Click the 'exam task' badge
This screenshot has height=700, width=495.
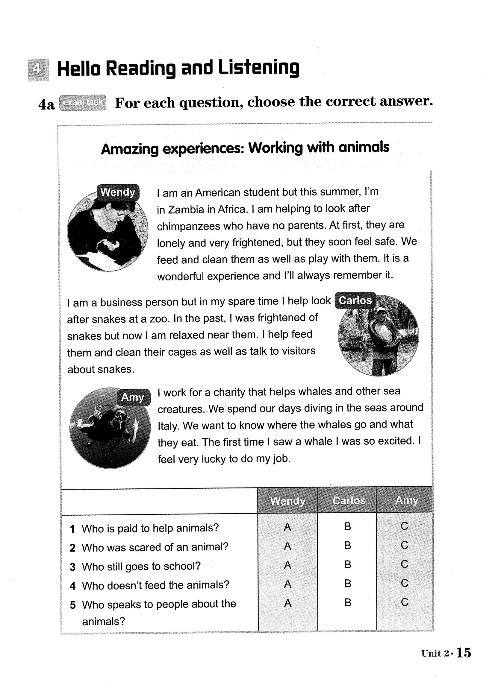click(x=83, y=102)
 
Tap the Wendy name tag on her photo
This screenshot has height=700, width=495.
click(x=118, y=192)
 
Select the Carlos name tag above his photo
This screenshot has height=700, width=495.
click(x=355, y=300)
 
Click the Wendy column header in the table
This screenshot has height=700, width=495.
click(x=287, y=501)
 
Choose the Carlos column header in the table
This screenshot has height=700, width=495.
click(x=349, y=500)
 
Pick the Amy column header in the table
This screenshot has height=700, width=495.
click(x=407, y=500)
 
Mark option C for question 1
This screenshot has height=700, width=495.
click(x=405, y=526)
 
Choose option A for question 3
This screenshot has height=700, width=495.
click(x=287, y=565)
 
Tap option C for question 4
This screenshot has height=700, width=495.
click(x=405, y=583)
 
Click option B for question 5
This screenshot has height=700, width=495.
click(x=348, y=602)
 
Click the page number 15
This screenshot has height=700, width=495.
click(x=464, y=653)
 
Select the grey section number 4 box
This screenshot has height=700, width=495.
click(x=38, y=70)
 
